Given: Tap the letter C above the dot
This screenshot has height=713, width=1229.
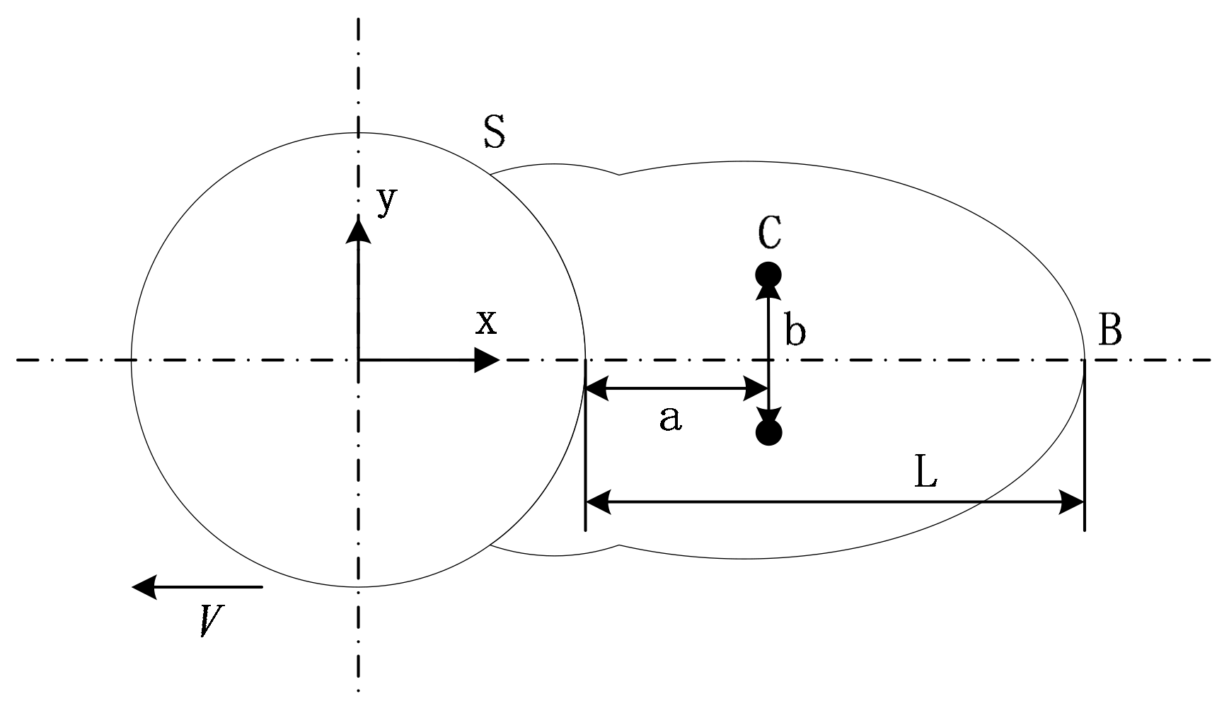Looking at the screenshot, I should (769, 233).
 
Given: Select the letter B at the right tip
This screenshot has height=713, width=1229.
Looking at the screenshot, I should (1109, 330).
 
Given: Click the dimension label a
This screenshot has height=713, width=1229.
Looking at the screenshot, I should (670, 419).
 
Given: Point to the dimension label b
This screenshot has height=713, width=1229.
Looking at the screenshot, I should (795, 332).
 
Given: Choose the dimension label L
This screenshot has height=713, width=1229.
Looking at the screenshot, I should (926, 472).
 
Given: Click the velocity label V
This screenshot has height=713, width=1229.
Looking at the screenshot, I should (212, 620).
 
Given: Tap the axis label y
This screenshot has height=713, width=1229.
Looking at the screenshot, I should (386, 202).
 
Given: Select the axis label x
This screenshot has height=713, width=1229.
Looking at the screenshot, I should (487, 323).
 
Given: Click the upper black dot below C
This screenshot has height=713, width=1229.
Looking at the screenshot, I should (768, 274).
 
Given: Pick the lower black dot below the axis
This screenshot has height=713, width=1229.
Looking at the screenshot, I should (768, 431).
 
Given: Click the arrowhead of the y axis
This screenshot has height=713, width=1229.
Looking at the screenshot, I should (358, 231).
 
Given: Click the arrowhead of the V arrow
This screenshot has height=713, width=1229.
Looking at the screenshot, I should (144, 586).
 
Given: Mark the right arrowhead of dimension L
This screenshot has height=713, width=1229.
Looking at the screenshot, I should (1071, 503).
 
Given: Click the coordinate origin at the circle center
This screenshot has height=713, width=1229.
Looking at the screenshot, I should (358, 361).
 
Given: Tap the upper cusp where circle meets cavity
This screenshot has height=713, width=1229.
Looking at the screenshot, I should (490, 173).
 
